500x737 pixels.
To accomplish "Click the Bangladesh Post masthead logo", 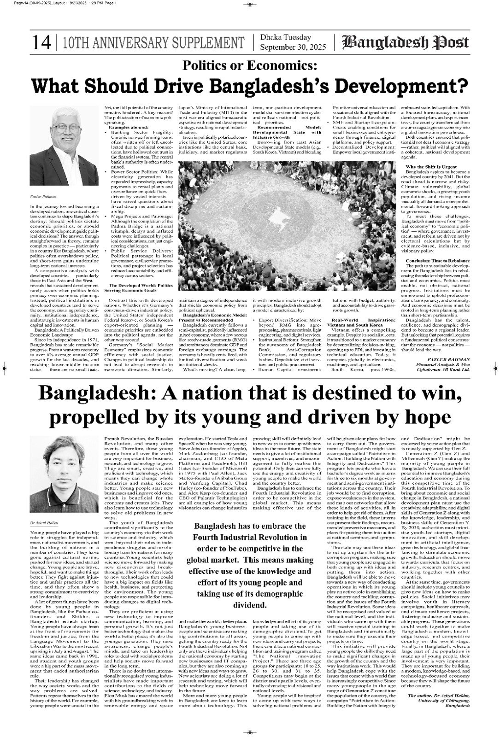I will (406, 43).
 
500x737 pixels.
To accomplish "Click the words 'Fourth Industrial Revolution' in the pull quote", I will (246, 537).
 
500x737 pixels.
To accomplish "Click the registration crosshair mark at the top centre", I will (249, 4).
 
